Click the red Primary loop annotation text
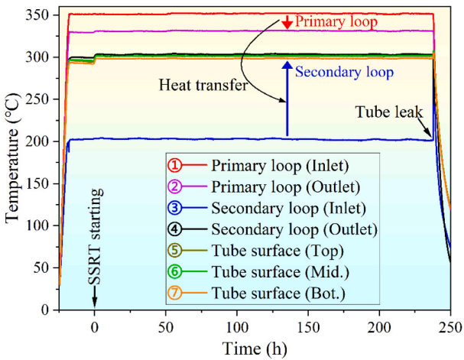pyautogui.click(x=336, y=22)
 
